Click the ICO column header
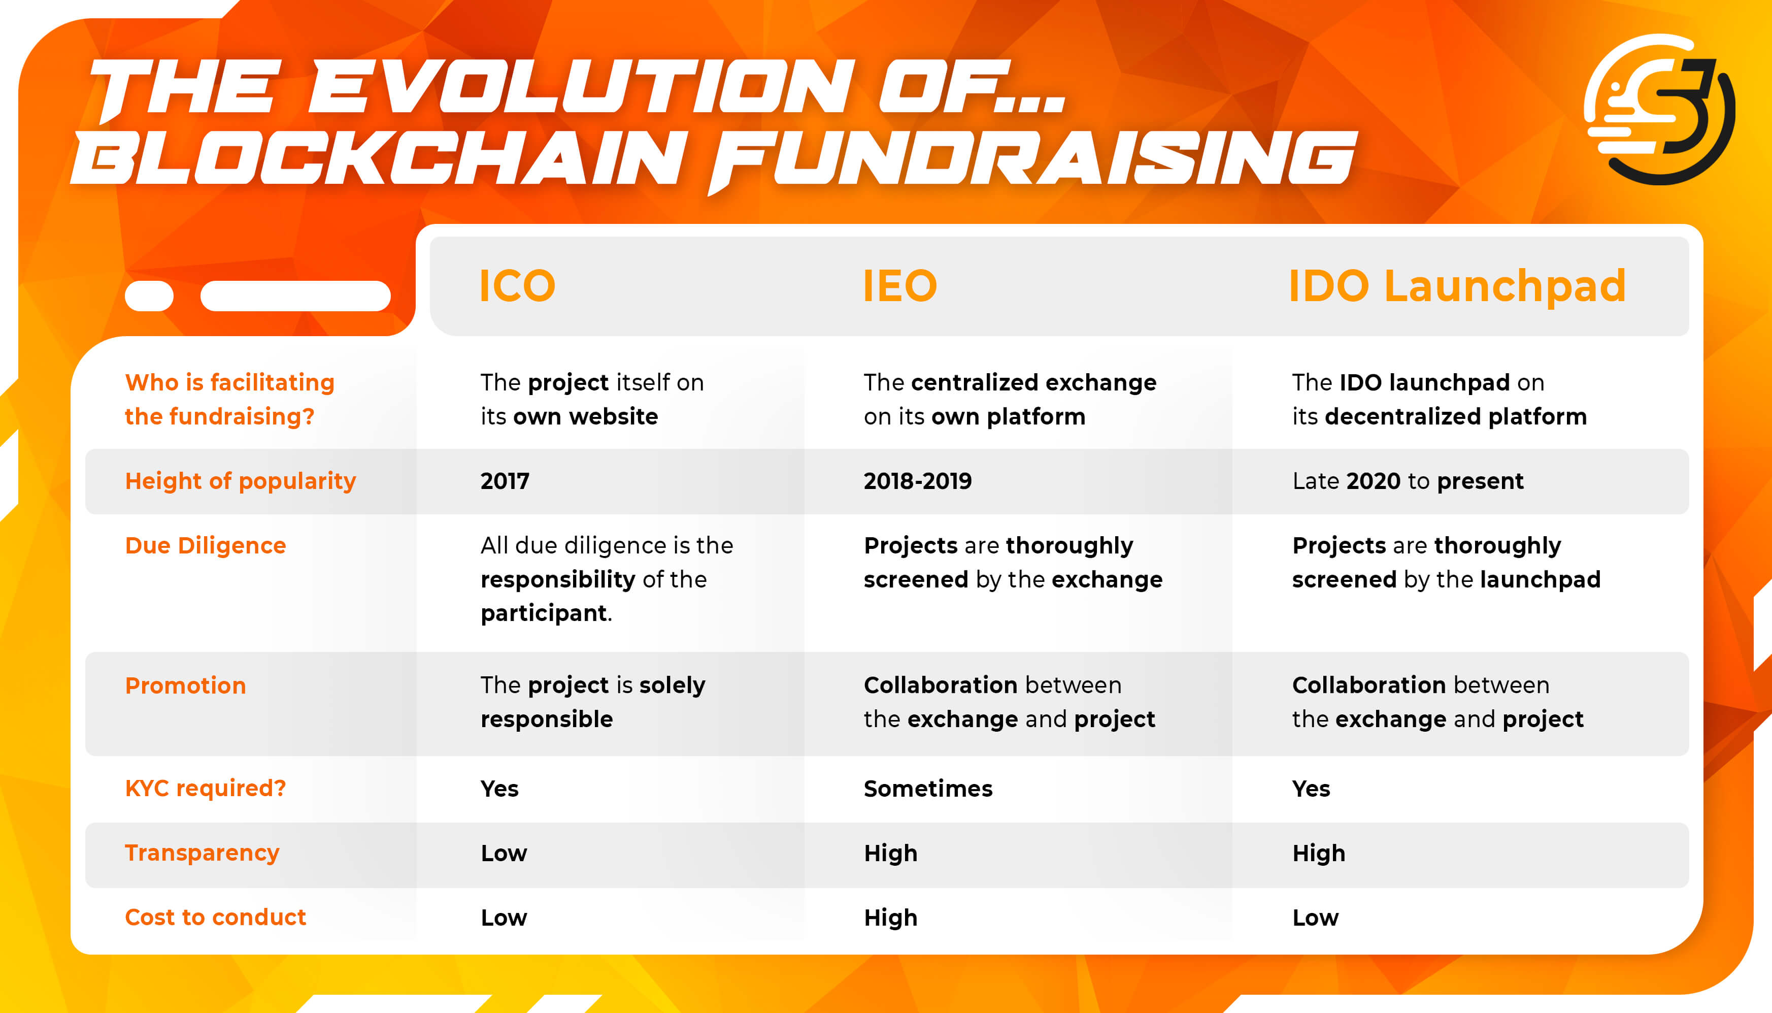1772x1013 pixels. click(x=517, y=286)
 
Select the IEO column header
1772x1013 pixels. click(x=899, y=286)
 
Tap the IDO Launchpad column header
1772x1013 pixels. click(x=1456, y=286)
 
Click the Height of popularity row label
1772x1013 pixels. click(x=240, y=481)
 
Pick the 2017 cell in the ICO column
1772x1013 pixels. click(x=505, y=481)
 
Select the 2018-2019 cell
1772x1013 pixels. click(x=917, y=481)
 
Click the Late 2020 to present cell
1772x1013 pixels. click(x=1408, y=481)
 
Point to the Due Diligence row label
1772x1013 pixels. click(x=205, y=545)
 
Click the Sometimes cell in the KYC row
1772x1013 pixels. click(x=928, y=788)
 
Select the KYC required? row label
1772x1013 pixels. click(x=205, y=788)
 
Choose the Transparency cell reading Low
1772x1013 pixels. click(x=504, y=853)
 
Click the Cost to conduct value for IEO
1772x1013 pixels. click(x=890, y=918)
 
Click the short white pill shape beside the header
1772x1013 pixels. click(x=149, y=296)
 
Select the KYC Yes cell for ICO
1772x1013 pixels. click(x=499, y=788)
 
